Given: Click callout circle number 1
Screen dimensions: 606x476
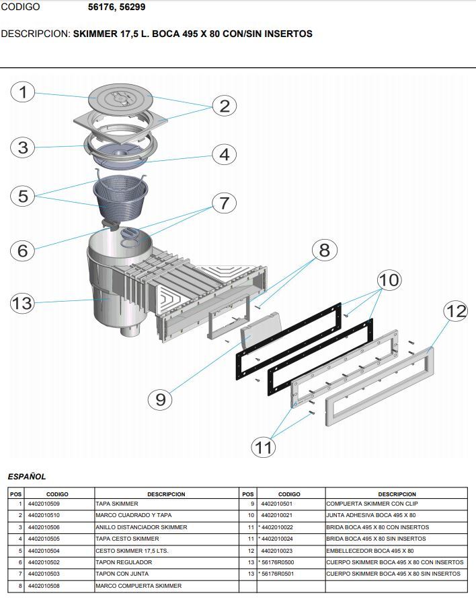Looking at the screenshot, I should tap(24, 92).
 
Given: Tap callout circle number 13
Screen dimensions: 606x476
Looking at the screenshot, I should tap(22, 303).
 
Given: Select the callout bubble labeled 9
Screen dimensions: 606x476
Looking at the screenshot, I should tap(160, 399).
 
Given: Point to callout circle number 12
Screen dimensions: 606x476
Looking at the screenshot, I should tap(456, 311).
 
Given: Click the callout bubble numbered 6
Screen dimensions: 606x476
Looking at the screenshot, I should tap(23, 250).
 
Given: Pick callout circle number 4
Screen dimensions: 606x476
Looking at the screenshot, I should tap(225, 154).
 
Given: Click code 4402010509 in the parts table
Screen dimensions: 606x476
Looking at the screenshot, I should tap(44, 504).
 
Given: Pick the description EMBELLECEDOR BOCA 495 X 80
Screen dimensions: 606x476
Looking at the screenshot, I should tap(370, 551).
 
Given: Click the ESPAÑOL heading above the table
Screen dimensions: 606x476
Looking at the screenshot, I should tap(27, 477).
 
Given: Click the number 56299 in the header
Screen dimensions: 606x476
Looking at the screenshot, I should tap(132, 7).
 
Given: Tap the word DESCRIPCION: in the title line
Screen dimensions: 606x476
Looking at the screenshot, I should tap(35, 34).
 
